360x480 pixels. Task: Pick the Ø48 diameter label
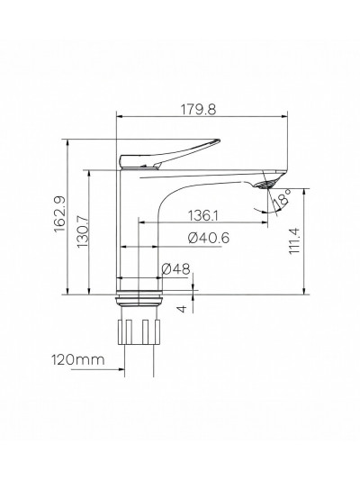(x=176, y=268)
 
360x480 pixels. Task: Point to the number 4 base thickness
(x=184, y=308)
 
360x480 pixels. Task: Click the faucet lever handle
(x=171, y=152)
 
